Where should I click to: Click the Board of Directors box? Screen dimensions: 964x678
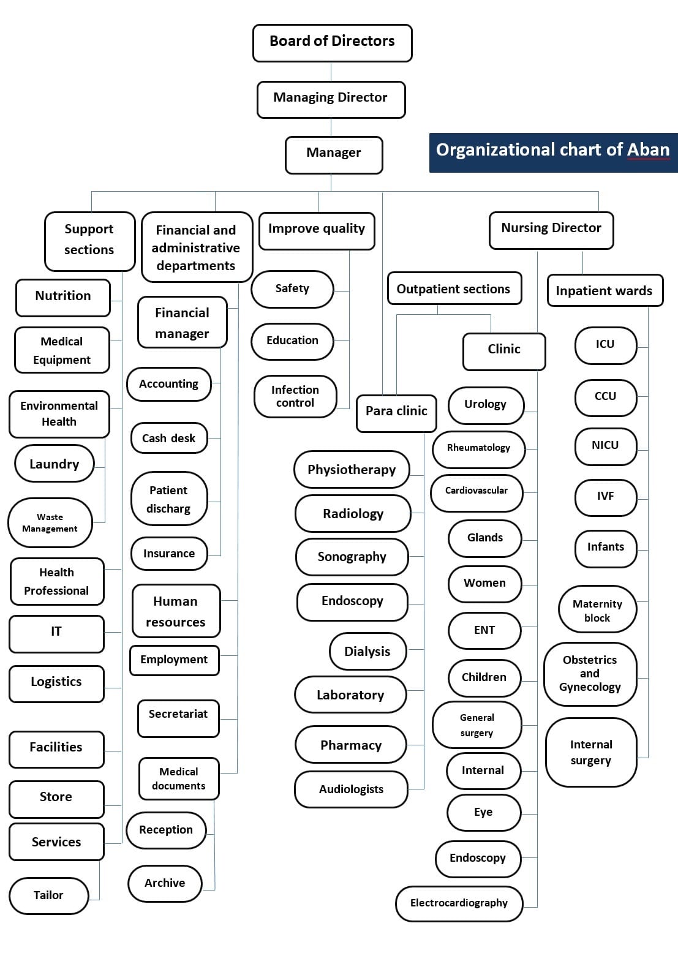(x=332, y=42)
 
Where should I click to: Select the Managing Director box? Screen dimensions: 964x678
(x=331, y=99)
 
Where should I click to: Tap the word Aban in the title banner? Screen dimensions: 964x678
(x=648, y=150)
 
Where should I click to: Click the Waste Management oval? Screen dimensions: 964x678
(x=50, y=522)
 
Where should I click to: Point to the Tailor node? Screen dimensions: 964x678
(x=48, y=895)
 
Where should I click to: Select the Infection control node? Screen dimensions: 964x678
(x=295, y=396)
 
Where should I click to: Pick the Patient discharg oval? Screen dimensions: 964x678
(x=169, y=499)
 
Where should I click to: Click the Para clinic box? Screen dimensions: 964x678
(x=396, y=412)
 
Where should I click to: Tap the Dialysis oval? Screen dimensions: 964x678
(x=367, y=651)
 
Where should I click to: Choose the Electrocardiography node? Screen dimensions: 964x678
(x=459, y=903)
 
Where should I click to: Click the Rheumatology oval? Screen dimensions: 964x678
(x=478, y=448)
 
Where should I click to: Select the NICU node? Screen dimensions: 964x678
(x=605, y=446)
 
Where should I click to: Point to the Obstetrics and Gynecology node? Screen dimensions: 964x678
(x=590, y=673)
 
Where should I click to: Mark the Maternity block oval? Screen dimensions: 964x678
(x=597, y=610)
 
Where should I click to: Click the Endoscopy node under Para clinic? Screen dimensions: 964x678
(x=352, y=601)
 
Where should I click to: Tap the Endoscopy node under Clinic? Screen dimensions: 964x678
(x=478, y=858)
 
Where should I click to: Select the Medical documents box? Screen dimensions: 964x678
(x=179, y=778)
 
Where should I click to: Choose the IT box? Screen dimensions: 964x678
(x=56, y=633)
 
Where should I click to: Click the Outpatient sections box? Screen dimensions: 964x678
(x=454, y=288)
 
